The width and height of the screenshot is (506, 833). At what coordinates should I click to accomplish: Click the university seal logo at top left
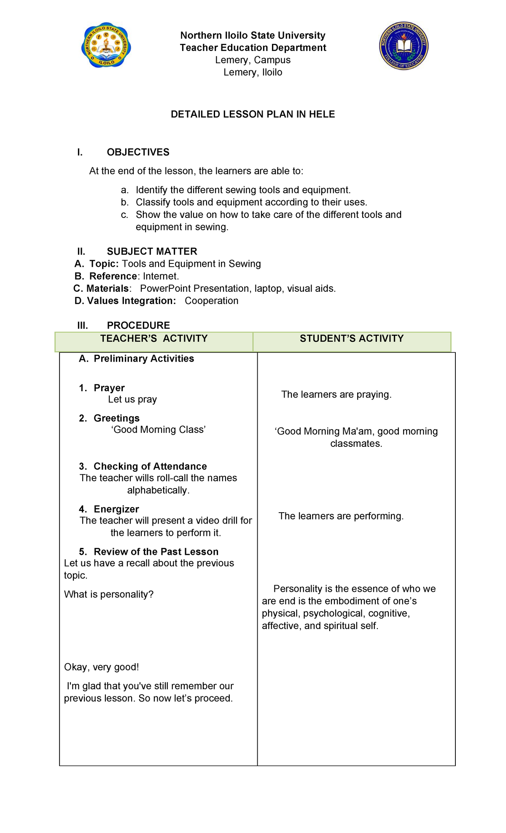point(106,46)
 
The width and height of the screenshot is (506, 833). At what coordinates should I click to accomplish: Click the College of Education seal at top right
point(404,46)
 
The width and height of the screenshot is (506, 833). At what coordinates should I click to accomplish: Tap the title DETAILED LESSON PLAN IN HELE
point(253,114)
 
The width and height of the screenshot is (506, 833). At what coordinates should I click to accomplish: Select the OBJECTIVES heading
point(138,152)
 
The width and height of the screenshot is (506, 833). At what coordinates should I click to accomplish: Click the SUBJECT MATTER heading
point(152,252)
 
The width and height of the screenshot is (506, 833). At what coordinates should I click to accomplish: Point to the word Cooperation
point(211,301)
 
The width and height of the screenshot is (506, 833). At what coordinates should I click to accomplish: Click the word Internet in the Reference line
point(160,277)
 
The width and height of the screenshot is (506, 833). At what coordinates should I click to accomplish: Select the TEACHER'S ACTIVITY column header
point(154,339)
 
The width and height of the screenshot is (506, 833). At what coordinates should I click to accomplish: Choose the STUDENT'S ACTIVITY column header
point(351,339)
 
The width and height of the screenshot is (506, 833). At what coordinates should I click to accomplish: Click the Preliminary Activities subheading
point(143,359)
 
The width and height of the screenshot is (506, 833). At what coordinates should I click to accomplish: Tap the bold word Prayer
point(109,388)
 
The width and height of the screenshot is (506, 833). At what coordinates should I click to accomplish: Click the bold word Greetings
point(116,418)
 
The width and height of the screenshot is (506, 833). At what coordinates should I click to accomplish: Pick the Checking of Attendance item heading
point(150,466)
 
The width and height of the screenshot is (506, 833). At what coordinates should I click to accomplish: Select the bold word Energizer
point(116,509)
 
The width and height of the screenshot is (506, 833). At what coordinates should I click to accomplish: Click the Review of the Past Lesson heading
point(156,552)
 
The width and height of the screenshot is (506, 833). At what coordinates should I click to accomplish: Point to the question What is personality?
point(109,594)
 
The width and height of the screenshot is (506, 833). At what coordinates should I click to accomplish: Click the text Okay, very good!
point(101,667)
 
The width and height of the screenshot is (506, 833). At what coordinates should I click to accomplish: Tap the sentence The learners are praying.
point(336,395)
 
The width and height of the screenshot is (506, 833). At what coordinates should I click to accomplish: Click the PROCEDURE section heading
point(138,325)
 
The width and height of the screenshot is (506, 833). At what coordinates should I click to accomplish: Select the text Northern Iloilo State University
point(253,35)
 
